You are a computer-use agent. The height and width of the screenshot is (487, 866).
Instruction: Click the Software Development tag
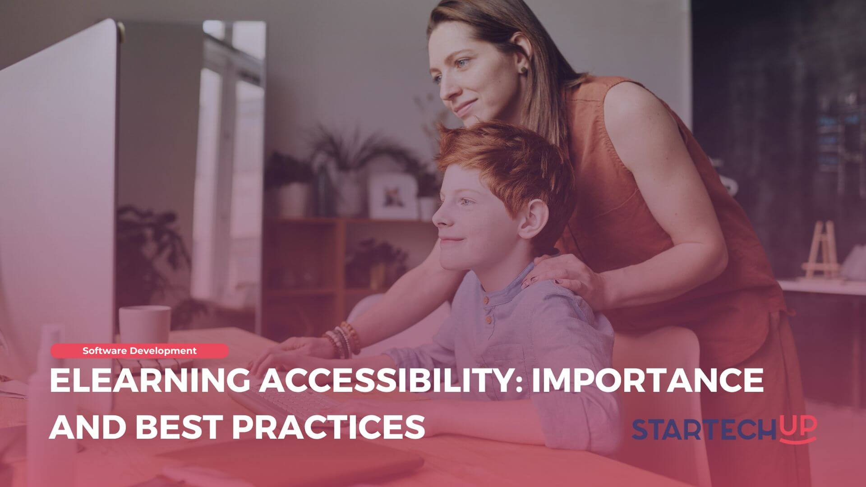139,350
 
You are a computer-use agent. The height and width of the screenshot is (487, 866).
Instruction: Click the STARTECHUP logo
724,429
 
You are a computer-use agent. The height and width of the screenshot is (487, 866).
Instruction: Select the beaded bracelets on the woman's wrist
343,339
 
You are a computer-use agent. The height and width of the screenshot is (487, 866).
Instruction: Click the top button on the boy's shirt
485,300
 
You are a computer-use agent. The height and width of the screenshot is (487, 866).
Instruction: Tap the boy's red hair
501,162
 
